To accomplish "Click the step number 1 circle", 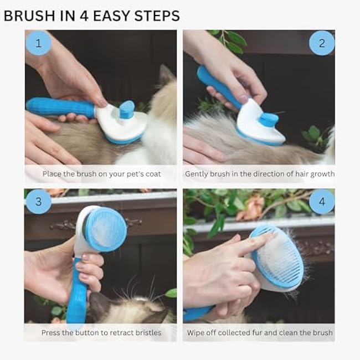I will click(x=38, y=43).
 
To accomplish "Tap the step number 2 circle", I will click(x=321, y=43).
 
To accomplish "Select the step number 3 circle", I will click(x=38, y=202).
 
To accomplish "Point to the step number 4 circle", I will click(x=321, y=202).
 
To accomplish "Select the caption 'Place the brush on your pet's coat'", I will click(x=101, y=174).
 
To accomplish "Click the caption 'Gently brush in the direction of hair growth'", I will click(x=260, y=174).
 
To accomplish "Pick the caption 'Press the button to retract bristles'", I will click(x=101, y=333).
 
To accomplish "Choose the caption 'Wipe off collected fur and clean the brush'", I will click(x=260, y=333).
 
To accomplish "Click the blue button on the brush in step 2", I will click(x=270, y=119).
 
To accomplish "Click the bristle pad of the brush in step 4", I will click(x=280, y=261).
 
